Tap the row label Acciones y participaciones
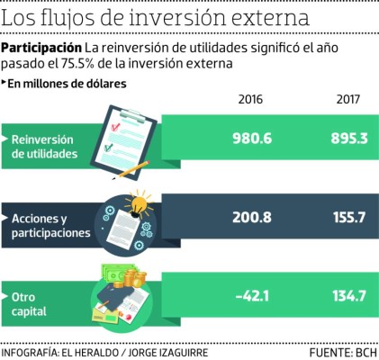click(x=50, y=226)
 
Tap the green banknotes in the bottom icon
click(x=117, y=274)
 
